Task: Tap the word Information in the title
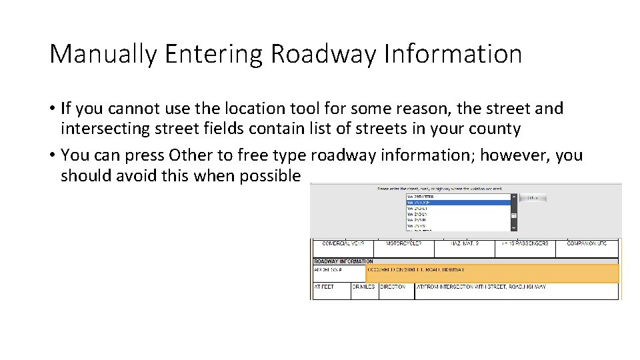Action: point(453,54)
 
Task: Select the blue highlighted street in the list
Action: point(457,203)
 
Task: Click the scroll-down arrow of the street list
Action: point(514,227)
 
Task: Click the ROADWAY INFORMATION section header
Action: point(344,261)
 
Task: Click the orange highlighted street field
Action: point(492,273)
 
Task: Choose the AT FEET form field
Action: point(331,291)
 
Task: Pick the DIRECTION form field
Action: point(396,291)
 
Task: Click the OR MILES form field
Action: point(364,291)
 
